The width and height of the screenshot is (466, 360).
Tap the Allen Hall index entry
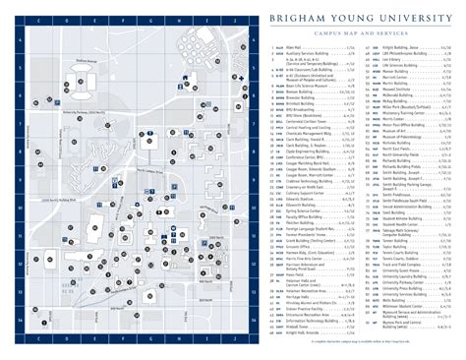(x=295, y=47)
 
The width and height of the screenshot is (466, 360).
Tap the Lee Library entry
(x=393, y=59)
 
